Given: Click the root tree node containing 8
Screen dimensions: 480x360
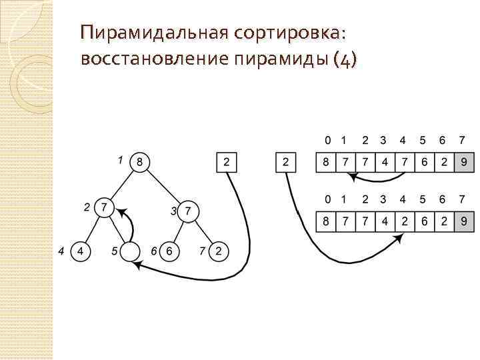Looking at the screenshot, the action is pyautogui.click(x=139, y=161).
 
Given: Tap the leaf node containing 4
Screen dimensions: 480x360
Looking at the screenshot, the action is pyautogui.click(x=80, y=251).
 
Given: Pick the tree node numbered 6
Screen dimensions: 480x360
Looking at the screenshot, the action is pyautogui.click(x=169, y=251).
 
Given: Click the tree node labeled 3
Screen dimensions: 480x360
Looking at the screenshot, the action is pyautogui.click(x=189, y=211).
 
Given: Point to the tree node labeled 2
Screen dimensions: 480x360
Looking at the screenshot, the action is pyautogui.click(x=103, y=207).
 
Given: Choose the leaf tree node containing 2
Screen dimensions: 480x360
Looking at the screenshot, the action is pyautogui.click(x=218, y=251).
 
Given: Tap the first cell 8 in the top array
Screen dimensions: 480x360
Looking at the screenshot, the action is pyautogui.click(x=326, y=162).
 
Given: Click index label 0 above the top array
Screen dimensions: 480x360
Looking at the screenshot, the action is pyautogui.click(x=326, y=141).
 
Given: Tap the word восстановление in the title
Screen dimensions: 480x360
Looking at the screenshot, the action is pyautogui.click(x=155, y=59).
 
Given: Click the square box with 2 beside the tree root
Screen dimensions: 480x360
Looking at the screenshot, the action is pyautogui.click(x=227, y=162).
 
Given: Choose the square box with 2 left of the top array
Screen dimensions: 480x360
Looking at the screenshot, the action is pyautogui.click(x=286, y=162).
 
